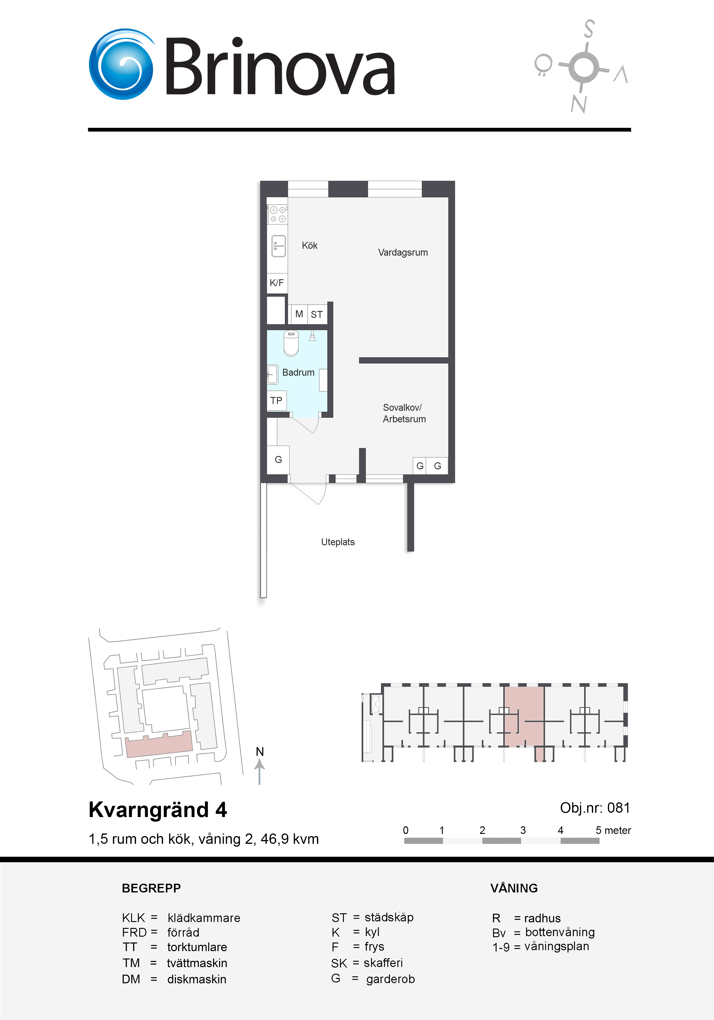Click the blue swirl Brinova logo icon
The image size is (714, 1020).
click(x=121, y=64)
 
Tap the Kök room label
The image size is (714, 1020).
click(x=310, y=246)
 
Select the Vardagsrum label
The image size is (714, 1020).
click(x=403, y=252)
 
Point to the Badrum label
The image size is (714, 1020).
click(x=298, y=372)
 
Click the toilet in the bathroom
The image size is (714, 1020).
click(x=291, y=343)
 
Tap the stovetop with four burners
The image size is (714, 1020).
click(x=278, y=214)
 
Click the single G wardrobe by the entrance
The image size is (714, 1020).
click(x=278, y=460)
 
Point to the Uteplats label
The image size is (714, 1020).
click(x=338, y=542)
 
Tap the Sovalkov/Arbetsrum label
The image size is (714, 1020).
click(x=404, y=413)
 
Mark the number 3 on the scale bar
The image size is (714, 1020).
click(x=523, y=830)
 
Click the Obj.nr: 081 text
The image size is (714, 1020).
click(x=595, y=808)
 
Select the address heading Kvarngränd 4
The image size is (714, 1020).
click(x=158, y=810)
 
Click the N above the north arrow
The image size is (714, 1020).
click(x=260, y=752)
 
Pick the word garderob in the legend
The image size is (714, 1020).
click(x=391, y=979)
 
